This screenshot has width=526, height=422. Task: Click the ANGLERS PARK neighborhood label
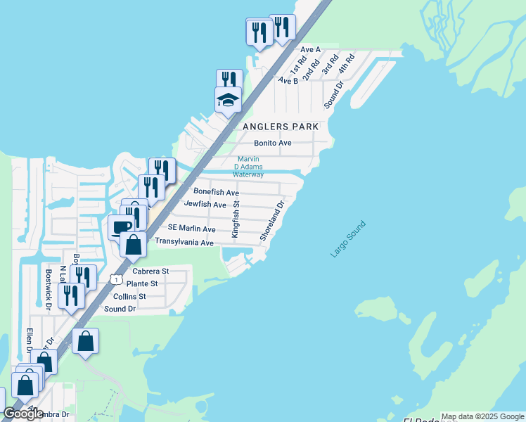tap(280, 127)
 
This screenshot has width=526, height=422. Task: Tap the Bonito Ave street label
tap(273, 143)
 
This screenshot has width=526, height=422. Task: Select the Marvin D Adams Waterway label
tap(249, 167)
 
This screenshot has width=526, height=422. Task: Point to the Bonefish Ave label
tap(217, 192)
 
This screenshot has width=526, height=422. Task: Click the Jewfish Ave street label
tap(205, 205)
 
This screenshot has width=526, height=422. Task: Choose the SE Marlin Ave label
tap(191, 229)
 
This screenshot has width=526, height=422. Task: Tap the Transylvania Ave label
tap(184, 242)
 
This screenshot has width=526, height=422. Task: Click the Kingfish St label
tap(236, 219)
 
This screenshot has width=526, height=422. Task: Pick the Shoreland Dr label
tap(271, 221)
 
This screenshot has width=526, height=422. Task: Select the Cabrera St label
tap(150, 271)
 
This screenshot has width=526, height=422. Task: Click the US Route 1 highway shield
tap(114, 279)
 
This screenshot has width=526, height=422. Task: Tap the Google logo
tap(23, 414)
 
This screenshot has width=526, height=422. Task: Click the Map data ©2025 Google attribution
tap(482, 416)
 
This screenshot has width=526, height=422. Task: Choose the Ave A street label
tap(310, 50)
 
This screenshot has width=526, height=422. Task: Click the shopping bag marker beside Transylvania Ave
tap(133, 245)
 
